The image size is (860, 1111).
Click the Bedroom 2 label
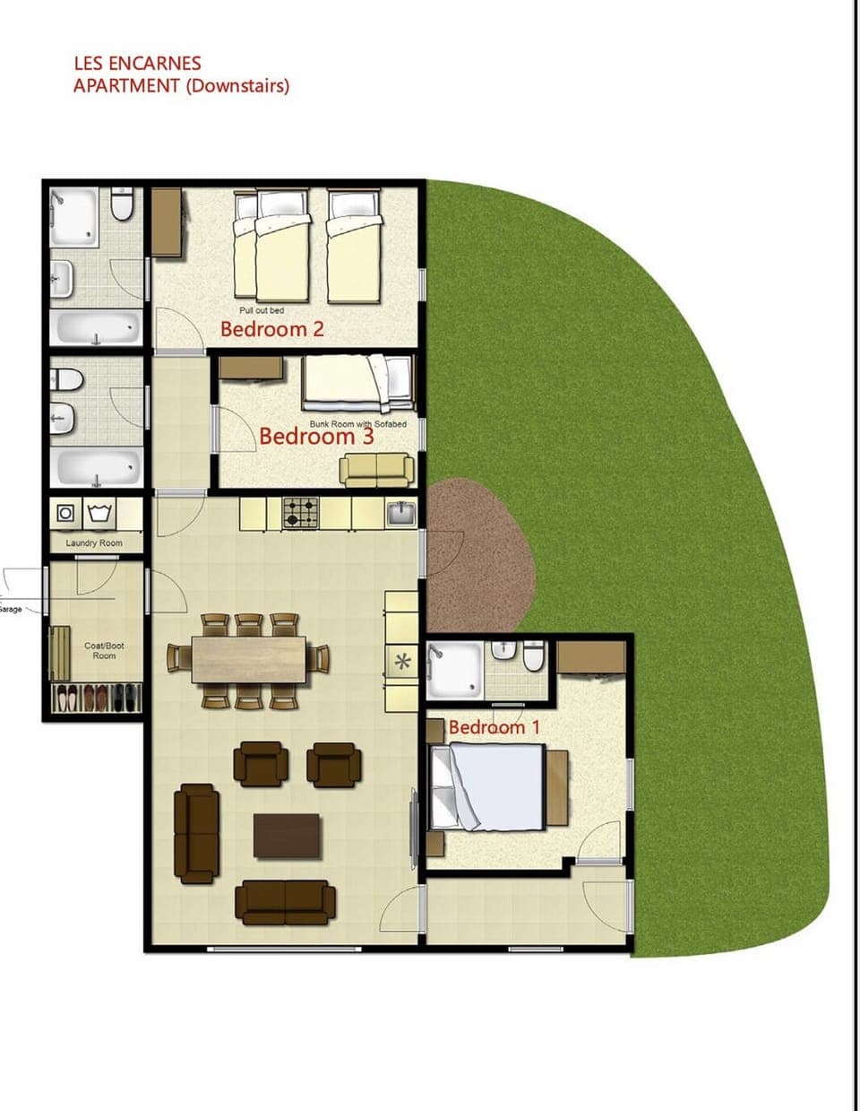tap(271, 329)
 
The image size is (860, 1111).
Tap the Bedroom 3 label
tap(316, 437)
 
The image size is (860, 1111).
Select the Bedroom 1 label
tap(494, 726)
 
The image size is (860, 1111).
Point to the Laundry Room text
tap(94, 543)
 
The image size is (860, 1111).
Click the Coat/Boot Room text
tap(104, 650)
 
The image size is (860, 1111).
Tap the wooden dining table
tap(249, 659)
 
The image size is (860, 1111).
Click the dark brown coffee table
tap(287, 836)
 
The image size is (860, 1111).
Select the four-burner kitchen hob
tap(301, 514)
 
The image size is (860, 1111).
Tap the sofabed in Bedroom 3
tap(376, 469)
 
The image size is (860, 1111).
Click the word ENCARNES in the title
tap(154, 64)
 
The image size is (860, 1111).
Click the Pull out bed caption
tap(262, 310)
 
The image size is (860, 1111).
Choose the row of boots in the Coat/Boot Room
tap(97, 697)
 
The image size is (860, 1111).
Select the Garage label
tap(11, 610)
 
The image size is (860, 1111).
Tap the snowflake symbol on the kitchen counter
tap(402, 662)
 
